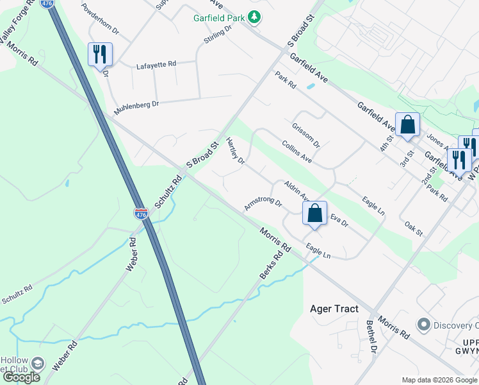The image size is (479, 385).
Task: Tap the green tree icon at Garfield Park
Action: tap(255, 17)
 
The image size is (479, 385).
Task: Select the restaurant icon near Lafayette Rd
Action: tap(99, 54)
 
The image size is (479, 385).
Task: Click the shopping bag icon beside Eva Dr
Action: tap(314, 213)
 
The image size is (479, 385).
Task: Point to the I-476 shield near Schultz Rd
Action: tap(142, 213)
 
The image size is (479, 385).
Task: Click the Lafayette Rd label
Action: tap(156, 65)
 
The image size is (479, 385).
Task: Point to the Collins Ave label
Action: tap(296, 151)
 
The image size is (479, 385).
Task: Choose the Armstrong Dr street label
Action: tap(263, 205)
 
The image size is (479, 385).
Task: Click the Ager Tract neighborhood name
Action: tap(334, 309)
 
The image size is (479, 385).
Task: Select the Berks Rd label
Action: tap(271, 265)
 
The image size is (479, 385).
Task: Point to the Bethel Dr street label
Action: tap(371, 336)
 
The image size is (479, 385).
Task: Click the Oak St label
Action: tap(414, 227)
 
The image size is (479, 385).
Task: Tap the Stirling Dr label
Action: tap(218, 36)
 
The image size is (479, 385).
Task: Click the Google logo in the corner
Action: tap(22, 377)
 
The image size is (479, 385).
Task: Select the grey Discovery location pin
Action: tap(423, 324)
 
